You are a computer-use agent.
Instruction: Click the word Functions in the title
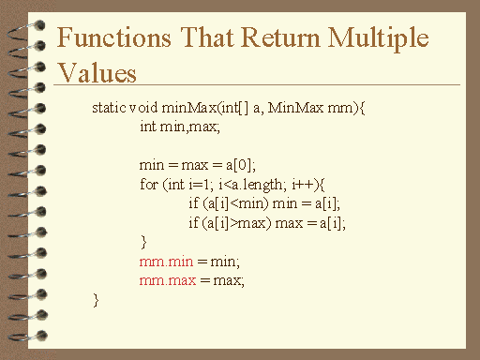(x=110, y=39)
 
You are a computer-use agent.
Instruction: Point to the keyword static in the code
(x=111, y=108)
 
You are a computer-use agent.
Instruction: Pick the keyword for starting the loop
(x=148, y=184)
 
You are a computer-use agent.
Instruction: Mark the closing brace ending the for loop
(x=142, y=242)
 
